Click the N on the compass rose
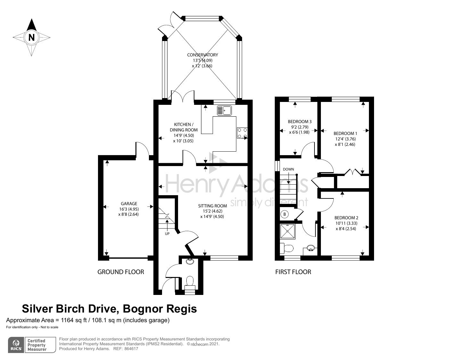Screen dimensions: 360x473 [x=31, y=37]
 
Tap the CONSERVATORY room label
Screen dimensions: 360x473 [x=202, y=55]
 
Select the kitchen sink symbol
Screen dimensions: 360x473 [x=224, y=110]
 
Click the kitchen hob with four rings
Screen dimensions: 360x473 [x=242, y=133]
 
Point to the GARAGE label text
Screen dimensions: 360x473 [x=129, y=204]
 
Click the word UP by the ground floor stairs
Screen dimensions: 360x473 [x=167, y=234]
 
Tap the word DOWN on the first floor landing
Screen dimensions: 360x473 [x=288, y=169]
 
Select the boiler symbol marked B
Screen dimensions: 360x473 [x=284, y=214]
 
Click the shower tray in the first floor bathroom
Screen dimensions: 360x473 [x=287, y=232]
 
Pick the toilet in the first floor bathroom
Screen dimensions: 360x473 [x=287, y=248]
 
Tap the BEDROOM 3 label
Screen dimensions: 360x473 [x=299, y=121]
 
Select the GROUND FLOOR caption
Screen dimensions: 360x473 [x=120, y=272]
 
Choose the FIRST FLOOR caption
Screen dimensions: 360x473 [x=293, y=272]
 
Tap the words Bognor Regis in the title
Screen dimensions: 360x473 [x=160, y=309]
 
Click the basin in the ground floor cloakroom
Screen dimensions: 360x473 [x=190, y=261]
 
